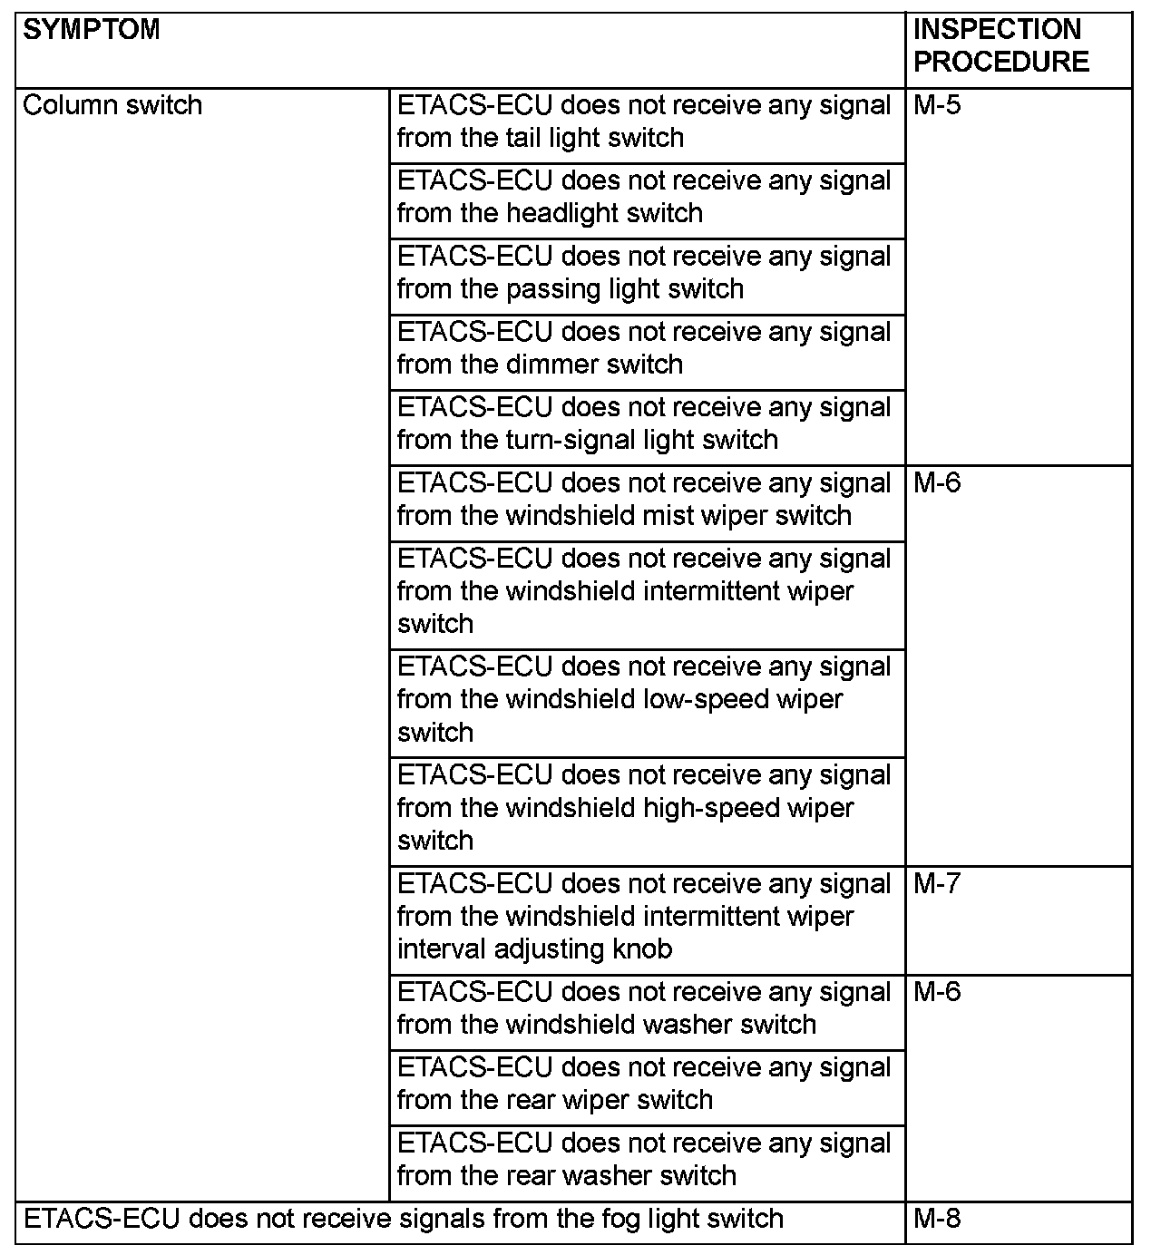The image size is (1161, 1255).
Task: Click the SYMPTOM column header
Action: tap(92, 30)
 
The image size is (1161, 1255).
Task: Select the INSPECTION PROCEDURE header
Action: tap(1000, 45)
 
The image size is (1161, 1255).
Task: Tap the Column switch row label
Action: tap(112, 105)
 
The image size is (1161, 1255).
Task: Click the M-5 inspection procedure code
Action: tap(937, 105)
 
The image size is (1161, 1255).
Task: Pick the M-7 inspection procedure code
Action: tap(937, 883)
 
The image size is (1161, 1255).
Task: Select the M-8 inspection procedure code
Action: tap(937, 1218)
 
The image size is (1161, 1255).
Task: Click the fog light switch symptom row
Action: tap(404, 1218)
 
